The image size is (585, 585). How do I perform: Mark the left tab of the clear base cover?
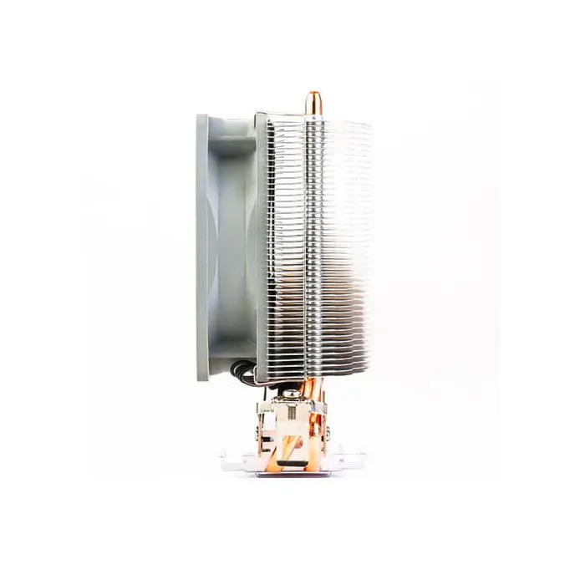228,455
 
